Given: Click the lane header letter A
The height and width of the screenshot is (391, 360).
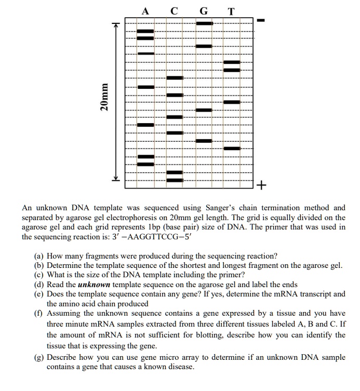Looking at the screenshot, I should pyautogui.click(x=145, y=10).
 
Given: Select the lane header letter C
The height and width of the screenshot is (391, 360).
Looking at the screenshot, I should pyautogui.click(x=174, y=10).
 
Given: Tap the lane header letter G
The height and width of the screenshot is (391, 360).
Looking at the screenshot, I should pyautogui.click(x=203, y=10).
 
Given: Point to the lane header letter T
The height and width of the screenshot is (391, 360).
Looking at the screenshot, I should pyautogui.click(x=231, y=10).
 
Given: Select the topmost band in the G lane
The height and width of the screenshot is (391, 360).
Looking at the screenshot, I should pyautogui.click(x=204, y=23).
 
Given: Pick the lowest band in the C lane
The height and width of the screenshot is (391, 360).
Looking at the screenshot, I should pyautogui.click(x=175, y=180).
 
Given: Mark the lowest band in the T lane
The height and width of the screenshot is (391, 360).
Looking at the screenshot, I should pyautogui.click(x=232, y=149).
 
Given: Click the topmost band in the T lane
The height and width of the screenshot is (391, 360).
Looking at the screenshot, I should pyautogui.click(x=232, y=62).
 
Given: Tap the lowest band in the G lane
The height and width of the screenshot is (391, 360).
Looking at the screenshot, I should pyautogui.click(x=204, y=141).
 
